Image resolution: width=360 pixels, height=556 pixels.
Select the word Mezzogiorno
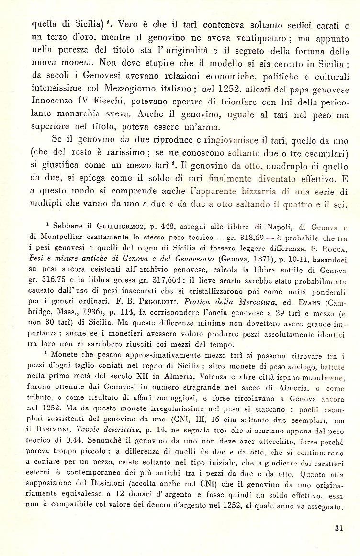(x=140, y=89)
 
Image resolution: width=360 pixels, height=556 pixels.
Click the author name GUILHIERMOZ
(x=113, y=227)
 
